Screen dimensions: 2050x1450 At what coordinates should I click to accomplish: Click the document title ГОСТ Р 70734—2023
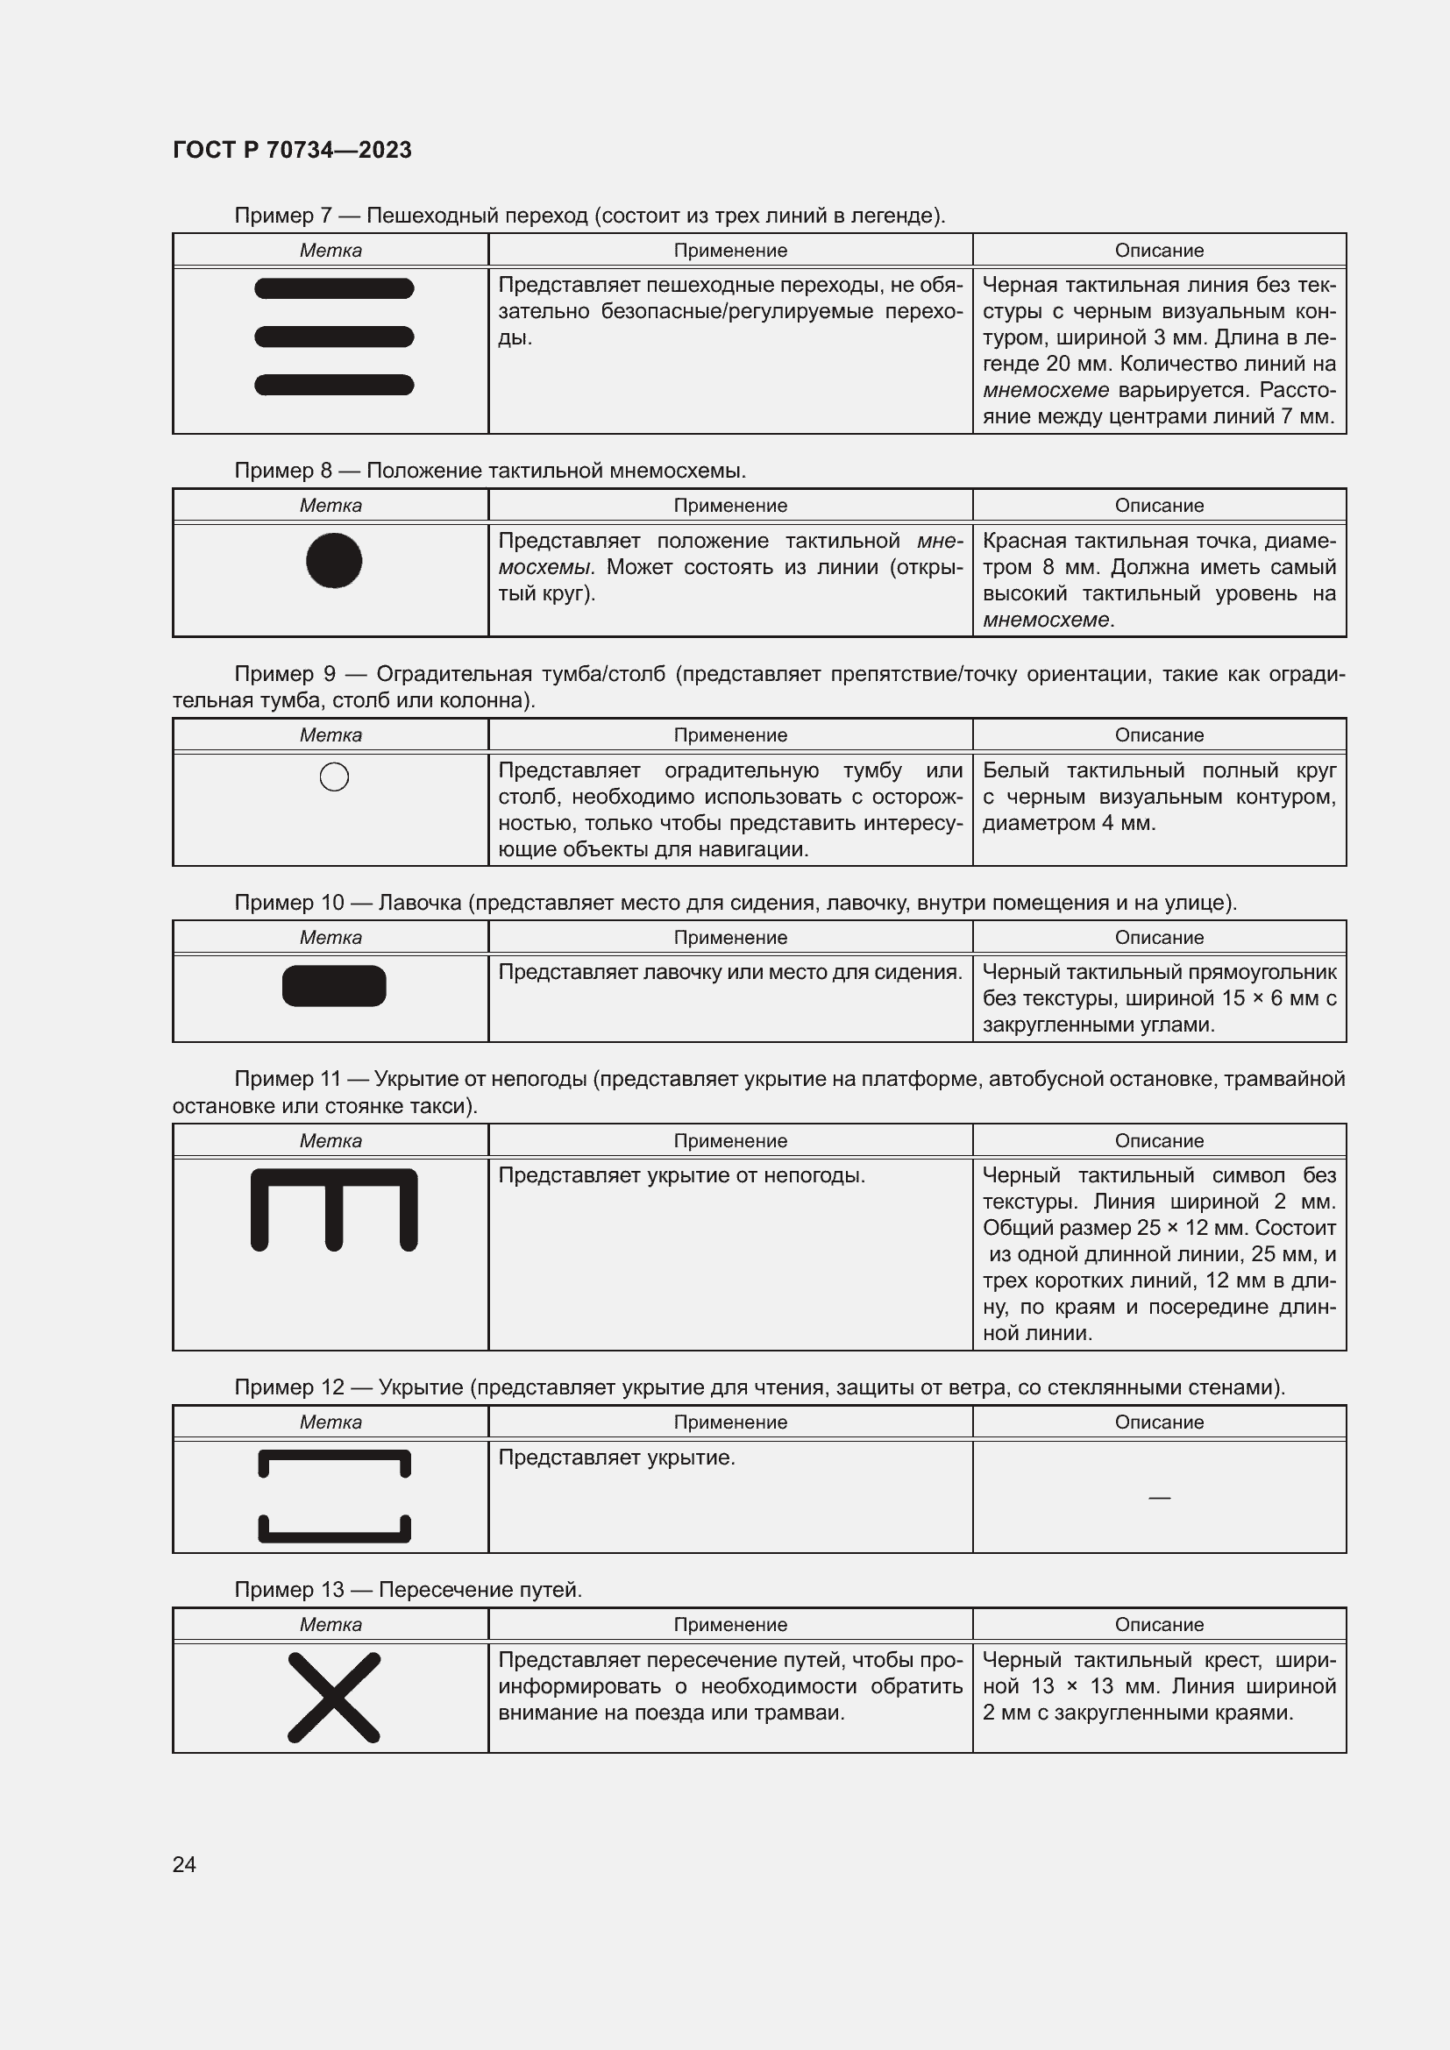tap(292, 150)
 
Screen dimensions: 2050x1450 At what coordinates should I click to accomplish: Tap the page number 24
tap(184, 1864)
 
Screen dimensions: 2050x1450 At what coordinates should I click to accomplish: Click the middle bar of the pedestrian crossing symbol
tap(334, 337)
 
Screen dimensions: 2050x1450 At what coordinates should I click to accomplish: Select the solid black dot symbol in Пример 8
tap(334, 561)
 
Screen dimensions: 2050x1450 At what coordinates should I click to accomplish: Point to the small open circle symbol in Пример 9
tap(334, 777)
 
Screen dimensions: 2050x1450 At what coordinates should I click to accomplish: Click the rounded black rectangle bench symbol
tap(334, 986)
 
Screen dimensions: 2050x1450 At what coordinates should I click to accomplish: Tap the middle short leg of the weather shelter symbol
tap(334, 1220)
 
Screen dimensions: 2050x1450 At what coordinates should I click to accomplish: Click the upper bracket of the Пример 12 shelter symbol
tap(334, 1458)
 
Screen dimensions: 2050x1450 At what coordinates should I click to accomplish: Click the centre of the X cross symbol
tap(334, 1698)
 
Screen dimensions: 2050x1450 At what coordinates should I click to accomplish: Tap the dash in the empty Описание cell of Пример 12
tap(1159, 1497)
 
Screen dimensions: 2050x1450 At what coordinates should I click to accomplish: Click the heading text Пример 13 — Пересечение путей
tap(408, 1589)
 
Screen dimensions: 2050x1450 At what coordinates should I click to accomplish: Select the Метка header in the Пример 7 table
tap(331, 250)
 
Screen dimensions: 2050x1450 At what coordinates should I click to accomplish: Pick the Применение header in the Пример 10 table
tap(730, 938)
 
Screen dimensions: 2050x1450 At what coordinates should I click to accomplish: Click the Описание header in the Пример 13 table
tap(1159, 1624)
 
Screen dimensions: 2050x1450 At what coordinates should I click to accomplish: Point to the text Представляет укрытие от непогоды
tap(681, 1175)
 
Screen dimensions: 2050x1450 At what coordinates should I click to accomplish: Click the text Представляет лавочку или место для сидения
tap(729, 971)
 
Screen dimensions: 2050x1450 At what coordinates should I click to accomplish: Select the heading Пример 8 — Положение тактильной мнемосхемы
tap(489, 471)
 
